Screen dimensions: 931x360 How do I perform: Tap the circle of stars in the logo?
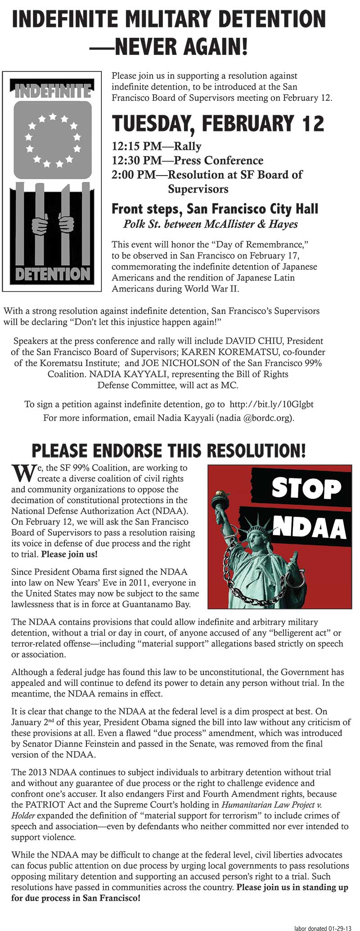click(53, 140)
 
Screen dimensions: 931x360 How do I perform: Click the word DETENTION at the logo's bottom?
click(53, 274)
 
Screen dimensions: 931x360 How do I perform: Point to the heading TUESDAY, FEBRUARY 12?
click(218, 124)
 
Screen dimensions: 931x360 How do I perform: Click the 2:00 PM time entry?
click(133, 175)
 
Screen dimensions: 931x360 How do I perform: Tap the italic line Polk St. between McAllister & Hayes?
click(210, 224)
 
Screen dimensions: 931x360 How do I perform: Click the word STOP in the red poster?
click(306, 488)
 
